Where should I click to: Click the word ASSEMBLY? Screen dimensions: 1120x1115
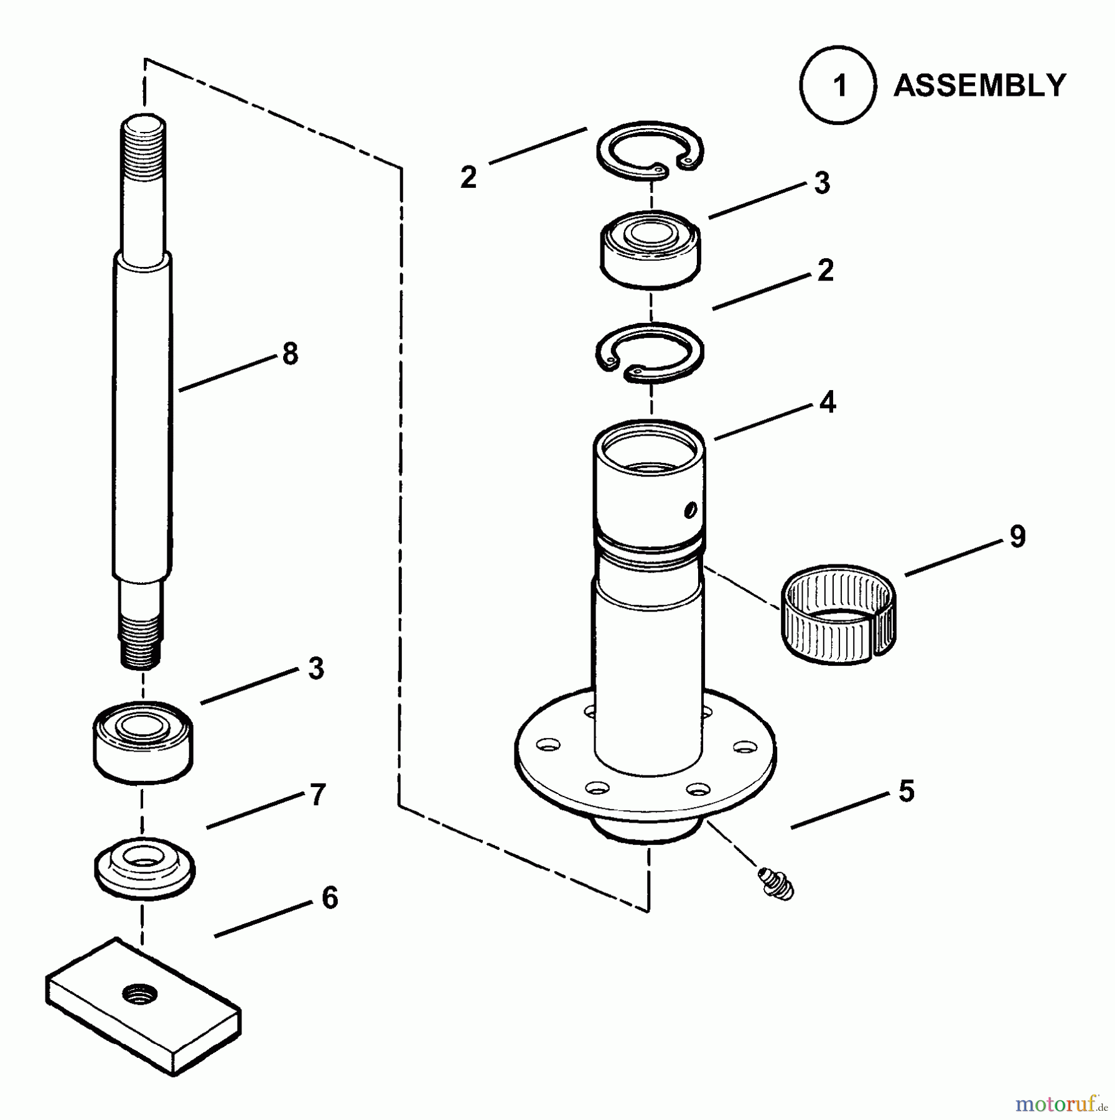[979, 85]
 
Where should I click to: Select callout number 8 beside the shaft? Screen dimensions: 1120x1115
[290, 354]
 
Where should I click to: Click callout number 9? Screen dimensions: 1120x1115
[1017, 536]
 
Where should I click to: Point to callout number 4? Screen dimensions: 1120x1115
[827, 403]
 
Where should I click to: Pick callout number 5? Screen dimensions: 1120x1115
[907, 791]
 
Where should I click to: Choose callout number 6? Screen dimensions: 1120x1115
[329, 898]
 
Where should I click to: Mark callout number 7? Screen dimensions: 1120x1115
[317, 795]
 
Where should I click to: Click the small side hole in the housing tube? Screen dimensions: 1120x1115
[689, 511]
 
